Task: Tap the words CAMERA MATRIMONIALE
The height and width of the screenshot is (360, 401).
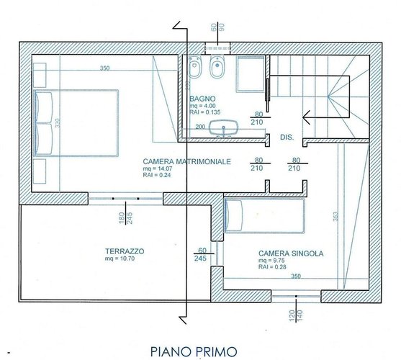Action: coord(186,162)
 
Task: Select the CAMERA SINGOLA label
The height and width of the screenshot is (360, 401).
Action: coord(290,253)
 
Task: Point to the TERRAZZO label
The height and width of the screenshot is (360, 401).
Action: coord(124,251)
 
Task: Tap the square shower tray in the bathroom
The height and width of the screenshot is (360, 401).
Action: coord(251,73)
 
